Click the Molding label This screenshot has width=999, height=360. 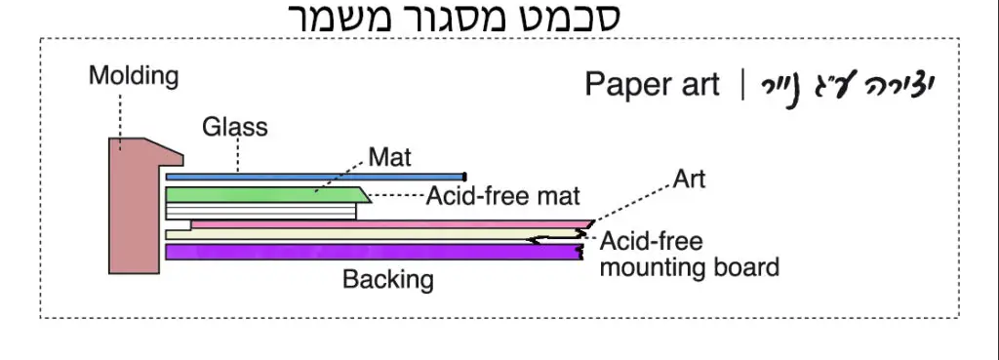pyautogui.click(x=134, y=76)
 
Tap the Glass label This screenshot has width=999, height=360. pyautogui.click(x=234, y=127)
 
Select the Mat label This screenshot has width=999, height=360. pyautogui.click(x=390, y=155)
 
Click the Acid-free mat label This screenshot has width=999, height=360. pyautogui.click(x=503, y=196)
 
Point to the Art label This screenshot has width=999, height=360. pyautogui.click(x=689, y=180)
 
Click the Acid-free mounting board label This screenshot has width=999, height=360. pyautogui.click(x=689, y=254)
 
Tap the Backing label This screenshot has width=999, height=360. pyautogui.click(x=387, y=280)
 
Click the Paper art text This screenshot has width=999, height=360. pyautogui.click(x=652, y=85)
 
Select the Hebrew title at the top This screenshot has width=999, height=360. pyautogui.click(x=456, y=18)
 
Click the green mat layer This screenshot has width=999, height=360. pyautogui.click(x=263, y=195)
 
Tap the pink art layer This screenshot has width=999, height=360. pyautogui.click(x=390, y=224)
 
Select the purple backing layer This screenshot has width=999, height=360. pyautogui.click(x=371, y=252)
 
